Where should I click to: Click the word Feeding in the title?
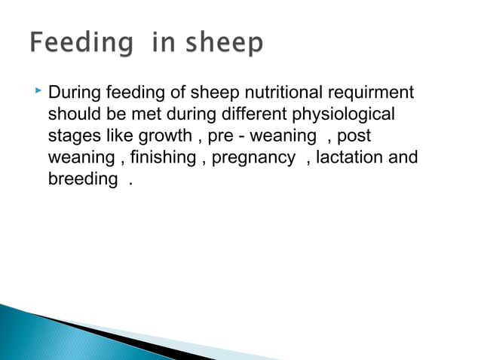(79, 44)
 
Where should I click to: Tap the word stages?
(72, 136)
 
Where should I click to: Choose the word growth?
(166, 136)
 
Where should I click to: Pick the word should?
(72, 115)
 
